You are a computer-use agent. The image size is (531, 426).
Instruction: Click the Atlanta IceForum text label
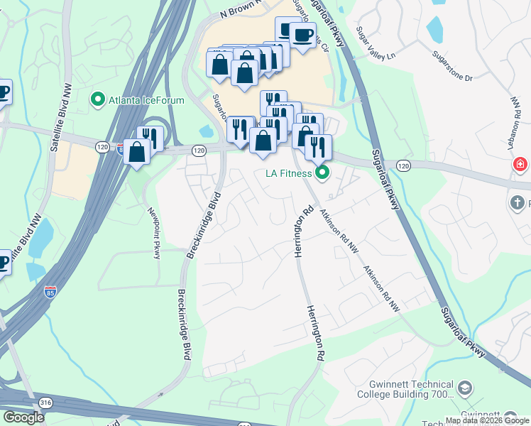(146, 100)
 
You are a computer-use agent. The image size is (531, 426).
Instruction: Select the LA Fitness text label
(288, 173)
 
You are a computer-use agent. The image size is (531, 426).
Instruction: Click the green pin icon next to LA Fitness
(323, 173)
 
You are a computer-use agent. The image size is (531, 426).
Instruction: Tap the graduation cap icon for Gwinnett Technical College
(464, 388)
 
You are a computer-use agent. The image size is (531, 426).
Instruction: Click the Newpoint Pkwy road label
(154, 231)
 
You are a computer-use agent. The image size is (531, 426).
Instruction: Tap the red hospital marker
(521, 165)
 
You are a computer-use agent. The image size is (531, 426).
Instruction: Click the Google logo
(23, 417)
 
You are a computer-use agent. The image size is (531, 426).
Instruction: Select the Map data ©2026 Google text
(486, 420)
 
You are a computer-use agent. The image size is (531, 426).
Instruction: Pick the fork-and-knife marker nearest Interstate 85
(150, 137)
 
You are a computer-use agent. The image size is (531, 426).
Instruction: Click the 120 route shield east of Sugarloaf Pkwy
(404, 165)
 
